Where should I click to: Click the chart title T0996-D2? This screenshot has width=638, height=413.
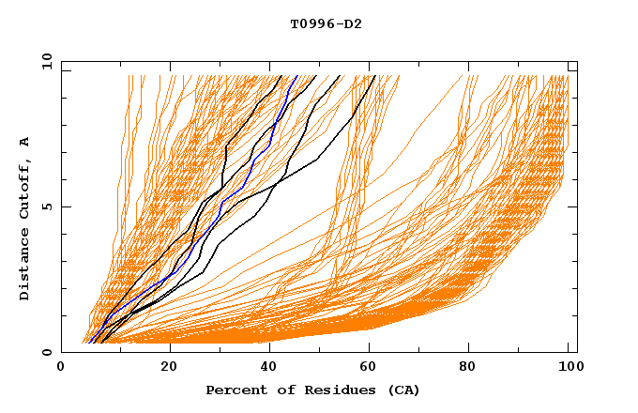click(x=326, y=23)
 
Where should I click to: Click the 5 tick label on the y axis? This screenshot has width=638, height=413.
click(x=45, y=206)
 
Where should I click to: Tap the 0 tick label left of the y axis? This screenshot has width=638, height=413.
click(x=45, y=352)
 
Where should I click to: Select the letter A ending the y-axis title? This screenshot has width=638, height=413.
click(x=24, y=141)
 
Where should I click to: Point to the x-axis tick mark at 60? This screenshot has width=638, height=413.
click(x=372, y=349)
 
